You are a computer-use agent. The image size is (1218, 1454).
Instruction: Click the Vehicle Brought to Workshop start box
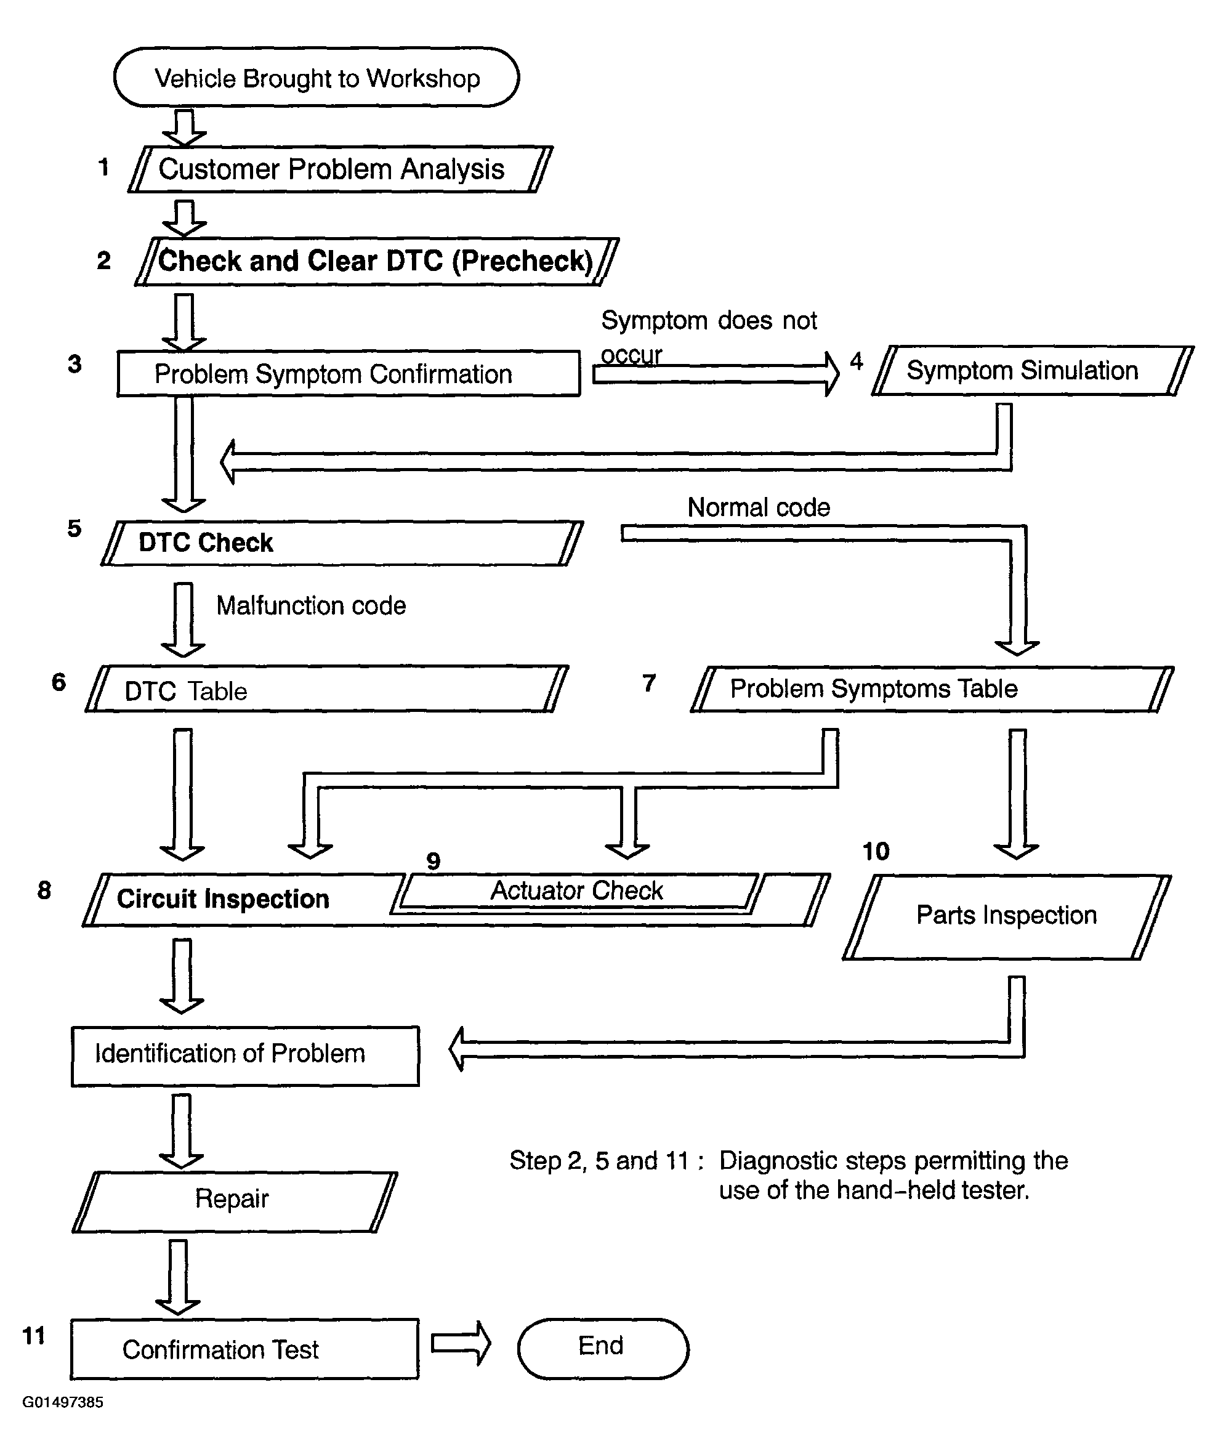coord(317,77)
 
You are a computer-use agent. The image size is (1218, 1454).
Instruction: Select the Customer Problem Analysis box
coord(340,169)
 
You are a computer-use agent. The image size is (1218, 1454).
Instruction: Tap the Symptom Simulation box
coord(1033,370)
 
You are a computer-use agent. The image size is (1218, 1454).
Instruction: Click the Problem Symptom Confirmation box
coord(349,374)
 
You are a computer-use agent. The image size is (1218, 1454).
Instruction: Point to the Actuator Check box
coord(578,892)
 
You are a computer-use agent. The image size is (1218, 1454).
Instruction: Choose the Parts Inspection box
coord(1007,917)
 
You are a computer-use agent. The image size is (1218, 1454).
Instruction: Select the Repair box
coord(235,1202)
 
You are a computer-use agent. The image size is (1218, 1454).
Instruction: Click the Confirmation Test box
coord(244,1349)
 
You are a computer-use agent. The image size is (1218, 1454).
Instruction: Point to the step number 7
coord(649,684)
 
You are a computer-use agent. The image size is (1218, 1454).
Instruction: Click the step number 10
coord(876,851)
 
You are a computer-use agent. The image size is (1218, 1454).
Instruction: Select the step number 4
coord(857,361)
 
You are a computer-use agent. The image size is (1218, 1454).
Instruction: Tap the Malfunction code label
coord(311,605)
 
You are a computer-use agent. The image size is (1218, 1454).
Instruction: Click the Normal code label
coord(759,507)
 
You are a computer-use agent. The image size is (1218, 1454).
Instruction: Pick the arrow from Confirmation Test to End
coord(461,1343)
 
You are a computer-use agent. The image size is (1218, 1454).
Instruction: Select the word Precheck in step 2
coord(523,261)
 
